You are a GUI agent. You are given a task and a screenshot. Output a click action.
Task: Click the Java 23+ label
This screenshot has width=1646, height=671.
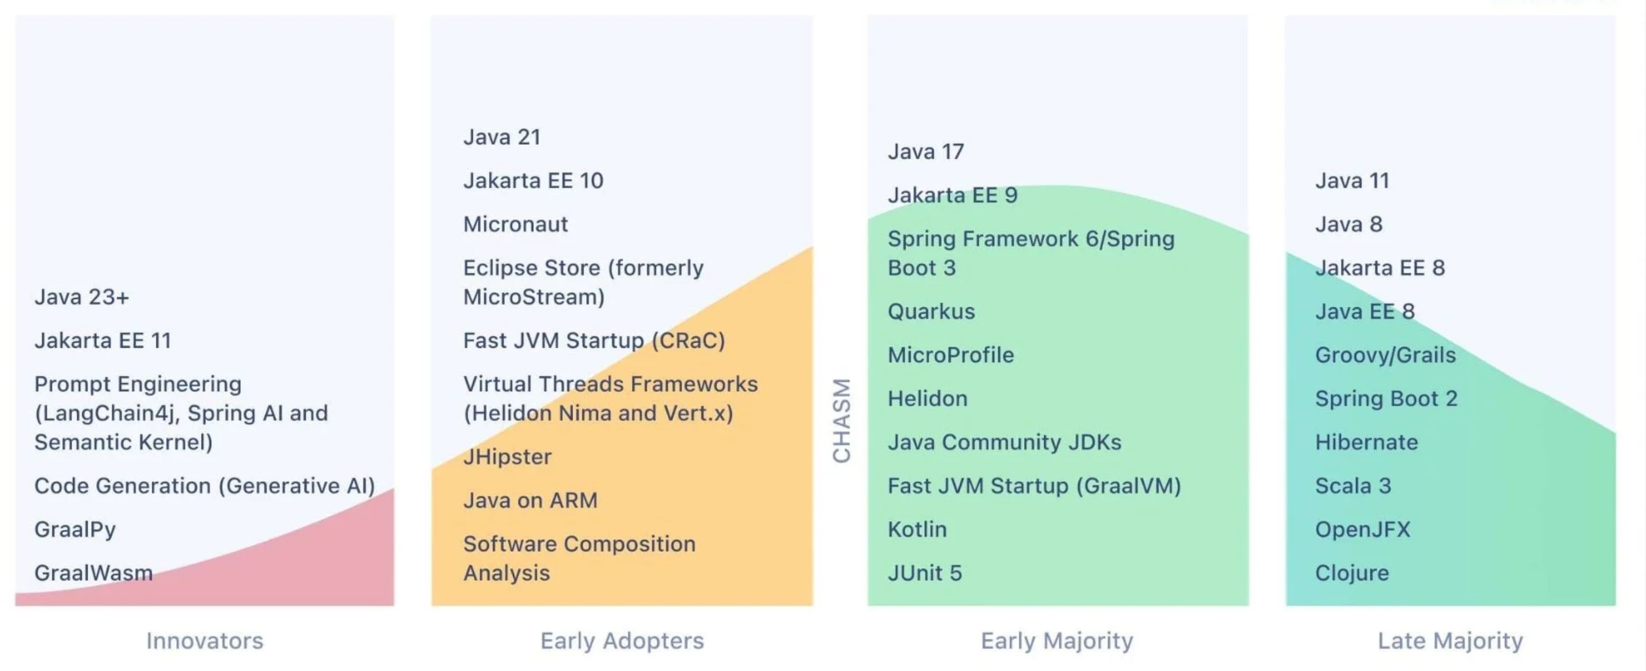(82, 297)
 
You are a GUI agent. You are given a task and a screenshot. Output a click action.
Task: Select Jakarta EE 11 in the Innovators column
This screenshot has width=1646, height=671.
(103, 340)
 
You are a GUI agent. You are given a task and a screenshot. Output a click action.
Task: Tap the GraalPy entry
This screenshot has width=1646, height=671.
(75, 530)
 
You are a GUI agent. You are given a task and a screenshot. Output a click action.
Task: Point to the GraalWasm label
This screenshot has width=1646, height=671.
(94, 573)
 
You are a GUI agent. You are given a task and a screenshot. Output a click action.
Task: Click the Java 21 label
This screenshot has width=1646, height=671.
(502, 137)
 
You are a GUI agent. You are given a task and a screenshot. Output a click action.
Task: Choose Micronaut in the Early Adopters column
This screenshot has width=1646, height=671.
(516, 224)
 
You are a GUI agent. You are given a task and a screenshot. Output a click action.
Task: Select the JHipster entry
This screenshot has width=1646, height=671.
(507, 457)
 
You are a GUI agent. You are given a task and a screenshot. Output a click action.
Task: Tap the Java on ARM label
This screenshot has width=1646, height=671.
(530, 500)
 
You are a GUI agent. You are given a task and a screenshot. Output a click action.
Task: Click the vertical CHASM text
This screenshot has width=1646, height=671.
(842, 420)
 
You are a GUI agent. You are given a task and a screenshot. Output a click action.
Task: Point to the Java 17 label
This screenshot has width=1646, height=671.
(926, 152)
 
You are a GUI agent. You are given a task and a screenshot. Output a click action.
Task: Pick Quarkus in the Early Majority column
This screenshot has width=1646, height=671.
(932, 311)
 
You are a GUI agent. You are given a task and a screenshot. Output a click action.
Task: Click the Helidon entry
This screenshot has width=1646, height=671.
(928, 398)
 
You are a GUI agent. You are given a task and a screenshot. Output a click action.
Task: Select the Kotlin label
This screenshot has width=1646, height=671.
(918, 529)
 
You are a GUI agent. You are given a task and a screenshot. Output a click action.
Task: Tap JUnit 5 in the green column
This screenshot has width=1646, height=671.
(925, 573)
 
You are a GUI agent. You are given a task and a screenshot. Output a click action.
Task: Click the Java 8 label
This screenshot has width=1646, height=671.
(1349, 224)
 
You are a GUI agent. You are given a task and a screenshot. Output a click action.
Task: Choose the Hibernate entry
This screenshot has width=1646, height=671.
(1367, 442)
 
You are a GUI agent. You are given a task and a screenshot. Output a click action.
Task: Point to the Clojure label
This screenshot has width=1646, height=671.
(1352, 573)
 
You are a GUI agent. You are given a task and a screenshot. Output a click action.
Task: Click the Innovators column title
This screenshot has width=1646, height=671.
(205, 640)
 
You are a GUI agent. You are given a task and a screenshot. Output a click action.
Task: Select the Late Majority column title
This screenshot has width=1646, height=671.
(1450, 640)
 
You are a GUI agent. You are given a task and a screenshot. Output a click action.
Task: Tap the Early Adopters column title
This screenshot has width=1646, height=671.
(623, 640)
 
